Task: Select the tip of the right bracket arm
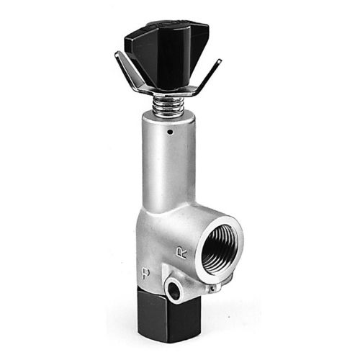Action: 220,60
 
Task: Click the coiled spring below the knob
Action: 168,105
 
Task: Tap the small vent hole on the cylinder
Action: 170,132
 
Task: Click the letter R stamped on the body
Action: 181,253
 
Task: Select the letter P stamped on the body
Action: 145,273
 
